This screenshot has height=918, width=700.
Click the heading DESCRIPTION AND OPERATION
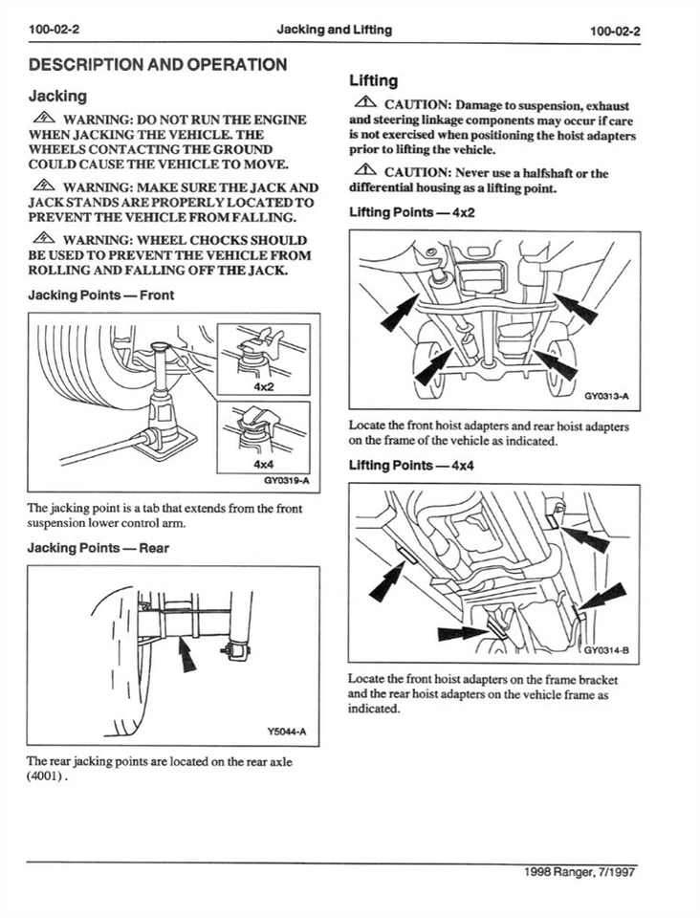coord(158,65)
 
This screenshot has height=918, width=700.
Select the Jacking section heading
coord(57,96)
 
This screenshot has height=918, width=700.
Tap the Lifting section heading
coord(374,80)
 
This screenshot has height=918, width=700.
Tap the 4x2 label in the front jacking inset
coord(263,387)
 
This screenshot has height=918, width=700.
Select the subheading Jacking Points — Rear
coord(98,548)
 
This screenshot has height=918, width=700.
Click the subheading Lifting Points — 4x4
coord(411,466)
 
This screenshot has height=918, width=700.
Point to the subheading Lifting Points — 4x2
coord(411,212)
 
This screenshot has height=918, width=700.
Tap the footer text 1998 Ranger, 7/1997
coord(580,872)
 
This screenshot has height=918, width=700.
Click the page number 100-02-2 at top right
coord(615,31)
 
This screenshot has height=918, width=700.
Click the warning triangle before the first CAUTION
coord(364,102)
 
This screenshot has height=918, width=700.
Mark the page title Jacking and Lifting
coord(334,30)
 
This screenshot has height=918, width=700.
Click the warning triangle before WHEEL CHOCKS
coord(43,239)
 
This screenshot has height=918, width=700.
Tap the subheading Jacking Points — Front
coord(101,295)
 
